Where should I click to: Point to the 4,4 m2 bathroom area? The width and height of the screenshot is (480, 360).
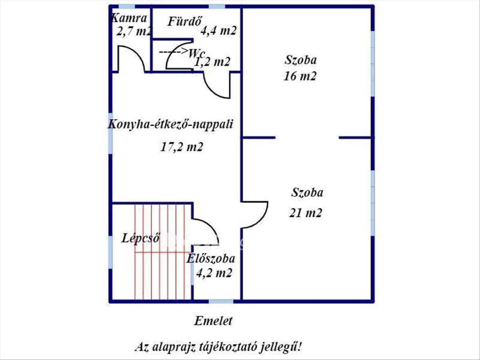[219, 31]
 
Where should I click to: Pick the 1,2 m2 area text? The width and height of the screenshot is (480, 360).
[212, 62]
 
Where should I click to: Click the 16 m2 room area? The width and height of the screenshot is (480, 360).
[300, 76]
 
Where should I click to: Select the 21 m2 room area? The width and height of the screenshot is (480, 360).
[306, 213]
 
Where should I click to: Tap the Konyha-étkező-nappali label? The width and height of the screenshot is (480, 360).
[170, 124]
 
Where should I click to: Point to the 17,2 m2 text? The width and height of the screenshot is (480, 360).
[182, 147]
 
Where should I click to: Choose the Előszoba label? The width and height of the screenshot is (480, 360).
[211, 258]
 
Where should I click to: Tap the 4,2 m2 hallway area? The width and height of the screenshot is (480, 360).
[214, 272]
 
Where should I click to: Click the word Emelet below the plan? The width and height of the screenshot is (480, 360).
[213, 321]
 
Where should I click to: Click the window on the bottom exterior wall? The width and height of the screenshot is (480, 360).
[221, 302]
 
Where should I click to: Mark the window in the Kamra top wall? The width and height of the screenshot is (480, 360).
[127, 7]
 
